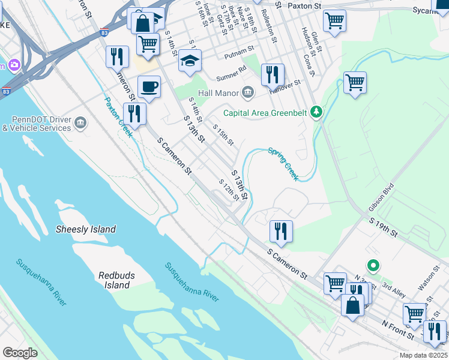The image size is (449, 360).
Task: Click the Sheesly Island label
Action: click(x=85, y=229)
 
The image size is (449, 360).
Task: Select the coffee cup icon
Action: click(x=149, y=86)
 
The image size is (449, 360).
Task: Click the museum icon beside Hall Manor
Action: click(x=247, y=92)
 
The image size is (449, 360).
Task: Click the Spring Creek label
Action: click(x=283, y=164)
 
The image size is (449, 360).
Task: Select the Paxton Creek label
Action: click(x=118, y=118)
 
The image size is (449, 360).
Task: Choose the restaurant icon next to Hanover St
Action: click(x=273, y=75)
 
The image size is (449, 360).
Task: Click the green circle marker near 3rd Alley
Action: click(x=373, y=265)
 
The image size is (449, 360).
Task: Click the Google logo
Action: click(x=20, y=353)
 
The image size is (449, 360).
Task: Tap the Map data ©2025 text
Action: click(x=423, y=355)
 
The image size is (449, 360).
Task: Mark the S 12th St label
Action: click(x=229, y=190)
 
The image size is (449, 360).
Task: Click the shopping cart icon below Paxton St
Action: click(x=334, y=20)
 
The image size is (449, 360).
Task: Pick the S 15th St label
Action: click(x=223, y=134)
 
